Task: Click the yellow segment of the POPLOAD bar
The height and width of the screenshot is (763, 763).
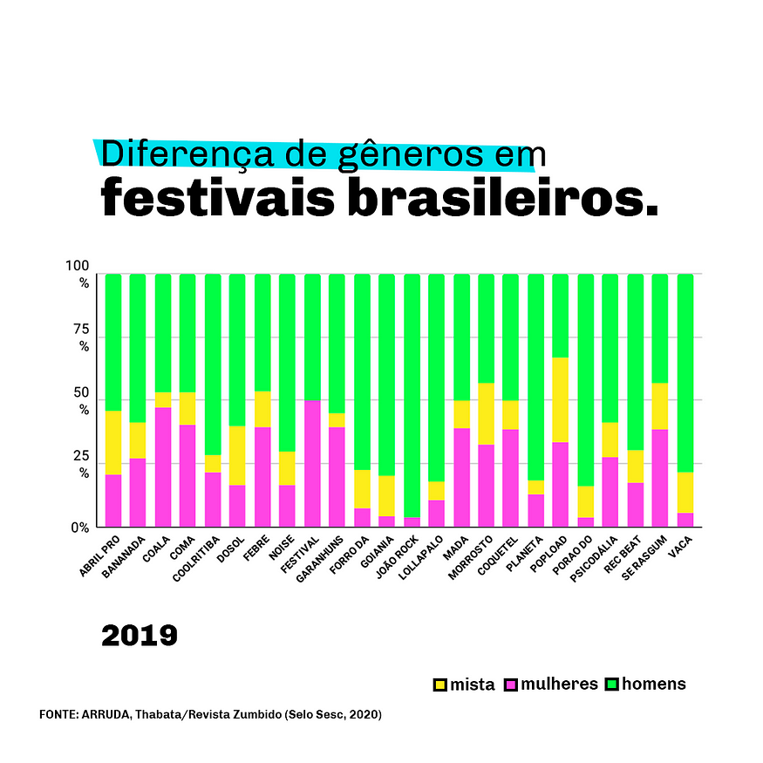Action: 561,399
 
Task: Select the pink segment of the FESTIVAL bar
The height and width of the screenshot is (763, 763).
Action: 311,463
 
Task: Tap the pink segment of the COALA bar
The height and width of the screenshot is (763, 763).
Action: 163,467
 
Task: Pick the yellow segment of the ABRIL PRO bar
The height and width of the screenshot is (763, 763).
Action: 113,442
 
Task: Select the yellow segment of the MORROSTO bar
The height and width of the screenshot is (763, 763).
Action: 486,413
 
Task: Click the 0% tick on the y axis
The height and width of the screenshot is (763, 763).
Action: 81,528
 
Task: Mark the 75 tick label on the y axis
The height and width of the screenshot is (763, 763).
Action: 81,331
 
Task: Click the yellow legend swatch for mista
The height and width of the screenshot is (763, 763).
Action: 440,685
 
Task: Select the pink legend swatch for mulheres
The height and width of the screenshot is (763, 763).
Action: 511,685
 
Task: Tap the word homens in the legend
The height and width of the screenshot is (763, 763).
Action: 653,684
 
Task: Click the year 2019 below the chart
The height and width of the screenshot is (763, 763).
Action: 140,635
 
